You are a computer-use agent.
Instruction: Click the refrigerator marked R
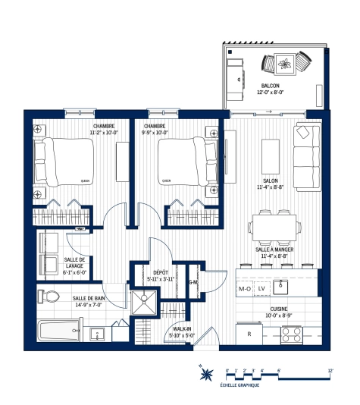pyautogui.click(x=249, y=333)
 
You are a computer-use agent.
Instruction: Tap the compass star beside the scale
pyautogui.click(x=205, y=372)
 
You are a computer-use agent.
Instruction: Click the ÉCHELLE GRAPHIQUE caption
pyautogui.click(x=239, y=385)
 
